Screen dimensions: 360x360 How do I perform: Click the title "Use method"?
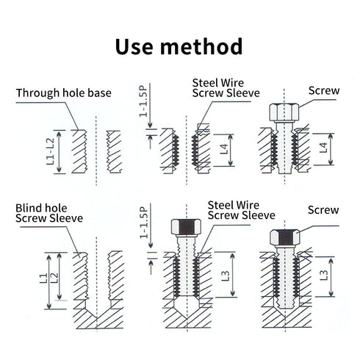(179, 46)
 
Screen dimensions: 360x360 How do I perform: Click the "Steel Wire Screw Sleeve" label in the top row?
(219, 87)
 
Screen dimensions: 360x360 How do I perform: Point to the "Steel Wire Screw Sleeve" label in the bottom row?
(241, 210)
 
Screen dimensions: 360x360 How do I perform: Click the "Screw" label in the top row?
(324, 91)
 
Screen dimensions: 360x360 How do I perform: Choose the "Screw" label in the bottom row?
(323, 210)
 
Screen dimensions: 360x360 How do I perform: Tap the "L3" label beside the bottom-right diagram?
(325, 278)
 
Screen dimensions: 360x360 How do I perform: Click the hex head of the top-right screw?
(281, 112)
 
